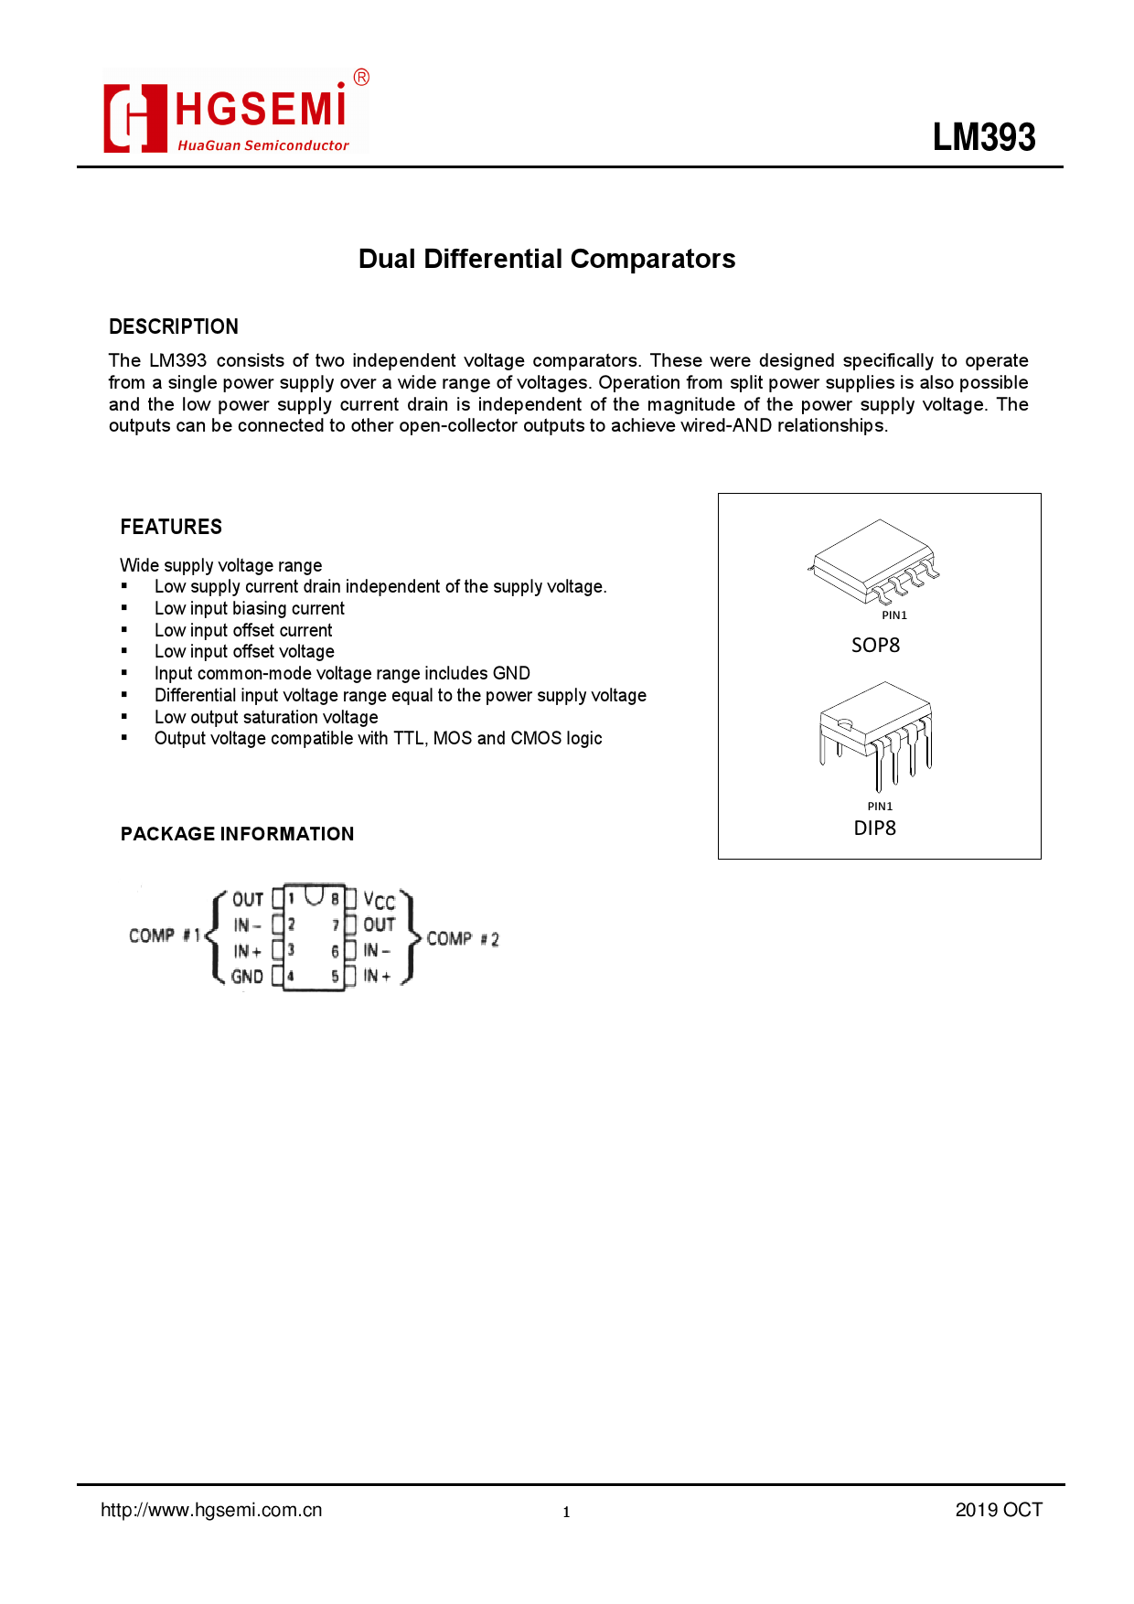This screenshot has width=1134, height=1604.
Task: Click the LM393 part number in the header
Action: coord(984,137)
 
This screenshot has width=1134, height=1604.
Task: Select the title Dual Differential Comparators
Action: coord(547,259)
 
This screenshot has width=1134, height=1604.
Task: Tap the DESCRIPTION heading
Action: coord(174,326)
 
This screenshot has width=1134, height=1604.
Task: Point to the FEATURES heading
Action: coord(171,527)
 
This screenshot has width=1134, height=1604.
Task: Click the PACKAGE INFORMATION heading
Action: coord(237,834)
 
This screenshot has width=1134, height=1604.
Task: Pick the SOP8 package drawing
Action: coord(875,561)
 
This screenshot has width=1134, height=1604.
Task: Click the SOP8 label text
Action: coord(875,646)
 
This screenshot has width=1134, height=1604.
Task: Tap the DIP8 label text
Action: coord(874,828)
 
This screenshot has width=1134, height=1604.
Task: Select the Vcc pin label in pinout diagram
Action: coord(379,900)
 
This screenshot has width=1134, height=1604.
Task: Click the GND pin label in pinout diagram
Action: coord(247,977)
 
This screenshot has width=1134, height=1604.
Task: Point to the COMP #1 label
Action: coord(165,936)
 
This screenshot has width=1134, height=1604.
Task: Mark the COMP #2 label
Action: coord(463,939)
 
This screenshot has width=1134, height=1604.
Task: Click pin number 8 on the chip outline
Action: coord(336,899)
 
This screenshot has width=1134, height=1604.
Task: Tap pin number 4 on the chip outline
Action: coord(291,977)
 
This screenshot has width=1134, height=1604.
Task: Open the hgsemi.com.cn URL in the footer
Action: coord(211,1510)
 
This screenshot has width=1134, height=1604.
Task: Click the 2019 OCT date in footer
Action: coord(999,1510)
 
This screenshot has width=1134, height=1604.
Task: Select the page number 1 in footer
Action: coord(566,1512)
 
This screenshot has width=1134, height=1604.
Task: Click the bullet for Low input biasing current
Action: coord(125,608)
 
